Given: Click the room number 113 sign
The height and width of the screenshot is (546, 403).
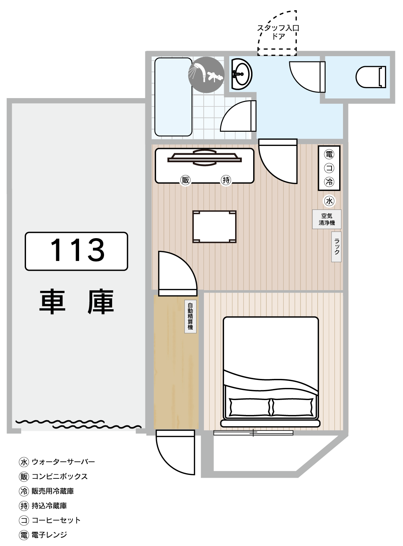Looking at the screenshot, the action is [76, 251].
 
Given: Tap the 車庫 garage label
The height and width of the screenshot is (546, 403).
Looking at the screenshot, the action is [77, 302].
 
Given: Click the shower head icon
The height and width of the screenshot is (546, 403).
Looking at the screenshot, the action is [206, 75].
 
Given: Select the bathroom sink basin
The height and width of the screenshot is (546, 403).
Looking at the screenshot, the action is [242, 74].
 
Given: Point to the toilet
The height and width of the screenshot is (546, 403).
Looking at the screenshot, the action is [371, 77].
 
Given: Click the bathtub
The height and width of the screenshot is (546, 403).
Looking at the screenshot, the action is [173, 97].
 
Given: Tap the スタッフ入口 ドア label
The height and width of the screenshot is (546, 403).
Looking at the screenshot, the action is [278, 32].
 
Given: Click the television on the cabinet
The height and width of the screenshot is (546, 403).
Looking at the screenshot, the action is [205, 157].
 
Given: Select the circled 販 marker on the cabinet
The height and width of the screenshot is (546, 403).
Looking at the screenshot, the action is [186, 180].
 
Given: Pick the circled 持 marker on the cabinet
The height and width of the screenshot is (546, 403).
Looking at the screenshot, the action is [226, 180].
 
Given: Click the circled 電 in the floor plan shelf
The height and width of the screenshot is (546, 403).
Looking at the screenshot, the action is [329, 154].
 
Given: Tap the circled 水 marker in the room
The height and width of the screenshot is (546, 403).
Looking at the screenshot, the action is [329, 201].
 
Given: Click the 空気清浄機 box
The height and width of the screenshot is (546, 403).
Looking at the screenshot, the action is [327, 219].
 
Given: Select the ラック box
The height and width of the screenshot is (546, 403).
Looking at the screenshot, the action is [336, 247].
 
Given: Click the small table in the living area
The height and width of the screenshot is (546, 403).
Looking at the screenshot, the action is [214, 227].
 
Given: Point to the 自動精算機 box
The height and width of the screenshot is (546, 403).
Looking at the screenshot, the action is [190, 317].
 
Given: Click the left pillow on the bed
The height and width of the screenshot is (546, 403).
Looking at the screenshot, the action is [250, 407].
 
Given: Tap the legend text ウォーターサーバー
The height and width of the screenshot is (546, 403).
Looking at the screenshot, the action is [63, 462].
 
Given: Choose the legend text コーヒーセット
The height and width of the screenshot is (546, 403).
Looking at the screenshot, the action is [57, 520].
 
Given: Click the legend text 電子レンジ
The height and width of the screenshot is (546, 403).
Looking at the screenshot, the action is [49, 535].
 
